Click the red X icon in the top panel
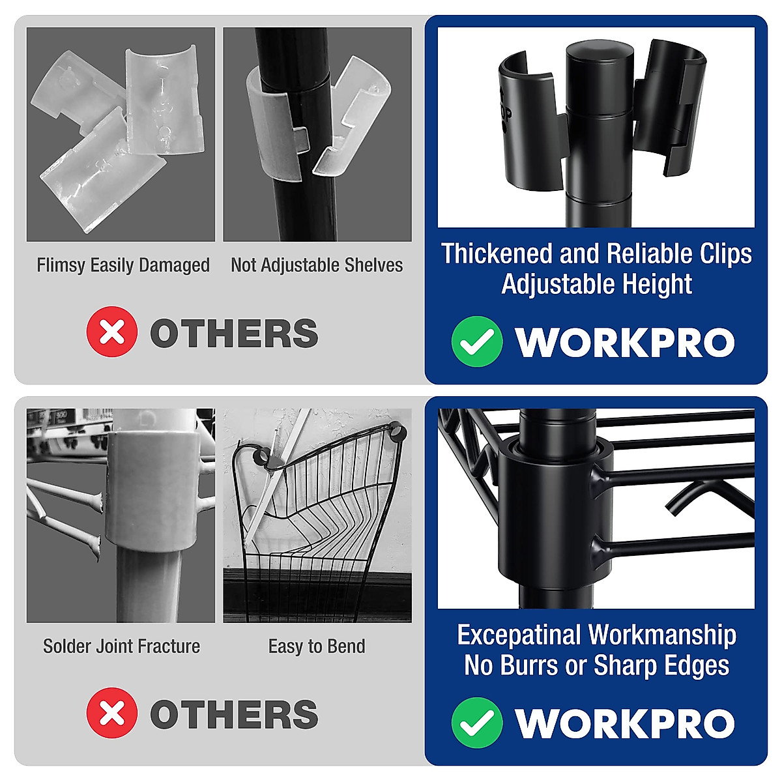point(111,332)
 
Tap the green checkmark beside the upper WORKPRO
point(476,341)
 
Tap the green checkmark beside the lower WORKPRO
point(476,722)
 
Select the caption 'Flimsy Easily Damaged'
point(123,265)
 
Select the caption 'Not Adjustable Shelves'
point(317,265)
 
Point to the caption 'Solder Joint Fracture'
point(121,646)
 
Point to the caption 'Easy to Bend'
point(317,646)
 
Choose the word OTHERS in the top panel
point(234,333)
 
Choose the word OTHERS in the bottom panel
point(234,714)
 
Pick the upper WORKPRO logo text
point(624,342)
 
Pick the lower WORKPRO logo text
point(624,723)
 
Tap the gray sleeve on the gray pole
point(152,489)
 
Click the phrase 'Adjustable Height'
point(596,285)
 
